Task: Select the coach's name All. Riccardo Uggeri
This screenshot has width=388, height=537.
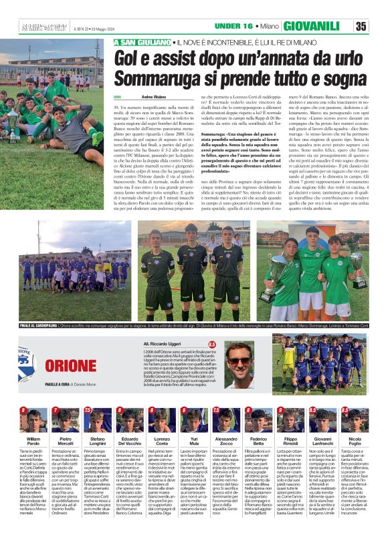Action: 165,343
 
